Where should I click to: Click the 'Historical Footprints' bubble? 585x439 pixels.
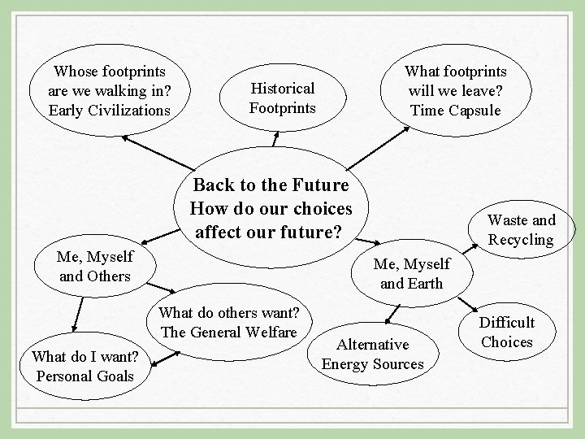[x=282, y=98]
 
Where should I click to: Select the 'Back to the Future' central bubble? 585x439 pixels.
[x=270, y=207]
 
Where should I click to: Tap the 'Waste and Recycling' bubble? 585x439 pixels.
[x=522, y=229]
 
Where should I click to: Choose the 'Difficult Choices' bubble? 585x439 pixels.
[x=506, y=332]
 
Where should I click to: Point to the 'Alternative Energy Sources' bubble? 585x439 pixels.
[x=373, y=354]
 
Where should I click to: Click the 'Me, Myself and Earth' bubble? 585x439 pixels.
[x=411, y=273]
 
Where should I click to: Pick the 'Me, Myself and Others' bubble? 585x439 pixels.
[x=95, y=266]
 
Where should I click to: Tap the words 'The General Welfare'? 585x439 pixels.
[x=230, y=332]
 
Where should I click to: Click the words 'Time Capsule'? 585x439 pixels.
[x=456, y=110]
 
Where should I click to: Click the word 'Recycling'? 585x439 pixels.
[x=522, y=239]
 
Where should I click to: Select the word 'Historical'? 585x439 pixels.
[x=282, y=88]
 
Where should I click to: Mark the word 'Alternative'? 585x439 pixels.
[x=373, y=345]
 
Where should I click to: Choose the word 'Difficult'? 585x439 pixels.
[x=506, y=323]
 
